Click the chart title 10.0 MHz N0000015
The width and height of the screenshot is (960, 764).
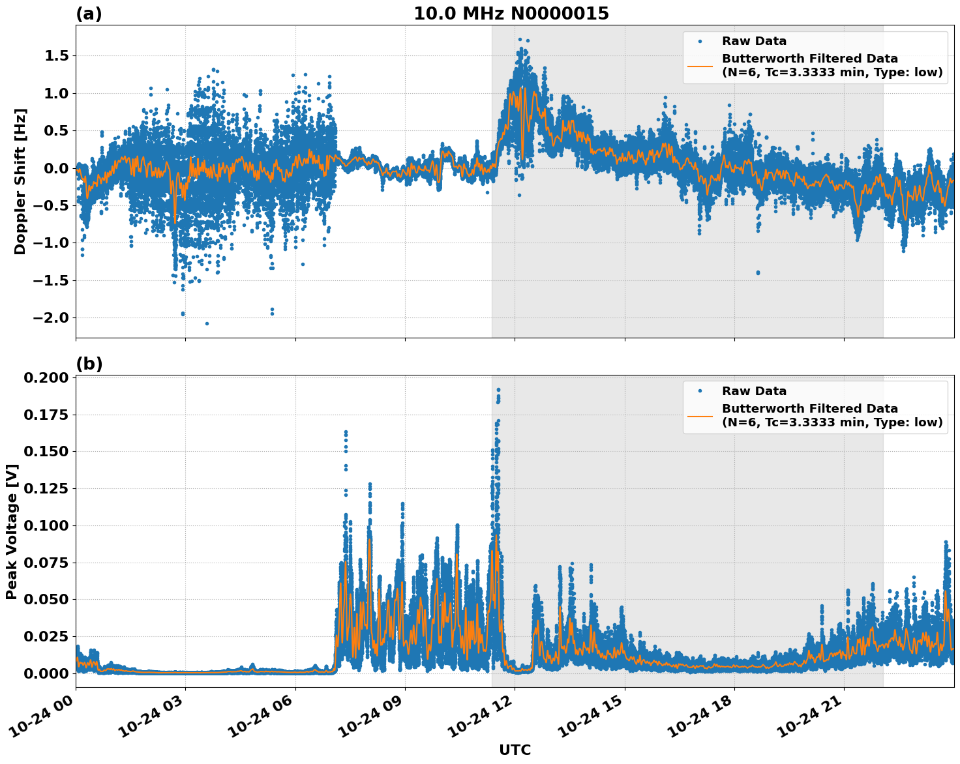pos(511,14)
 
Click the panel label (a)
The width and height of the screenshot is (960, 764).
pos(89,14)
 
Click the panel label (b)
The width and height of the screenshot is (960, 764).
pos(89,364)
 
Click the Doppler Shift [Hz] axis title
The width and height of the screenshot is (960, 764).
pos(20,181)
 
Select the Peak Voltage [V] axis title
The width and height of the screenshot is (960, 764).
pos(11,531)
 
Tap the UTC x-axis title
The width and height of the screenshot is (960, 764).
pos(515,750)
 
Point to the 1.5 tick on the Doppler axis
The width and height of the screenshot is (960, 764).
pos(56,56)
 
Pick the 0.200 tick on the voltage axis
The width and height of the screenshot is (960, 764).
pos(46,378)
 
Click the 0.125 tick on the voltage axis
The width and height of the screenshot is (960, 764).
pos(46,489)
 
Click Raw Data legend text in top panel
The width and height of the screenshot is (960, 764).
pos(754,41)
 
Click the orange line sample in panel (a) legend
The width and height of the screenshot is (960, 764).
pos(700,65)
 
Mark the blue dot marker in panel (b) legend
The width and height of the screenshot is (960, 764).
pos(700,391)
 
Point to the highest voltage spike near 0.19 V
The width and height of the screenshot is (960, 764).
pos(498,390)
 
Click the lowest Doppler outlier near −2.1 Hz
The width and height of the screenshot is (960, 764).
pos(207,323)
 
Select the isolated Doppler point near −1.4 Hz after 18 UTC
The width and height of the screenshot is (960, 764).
pos(758,272)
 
